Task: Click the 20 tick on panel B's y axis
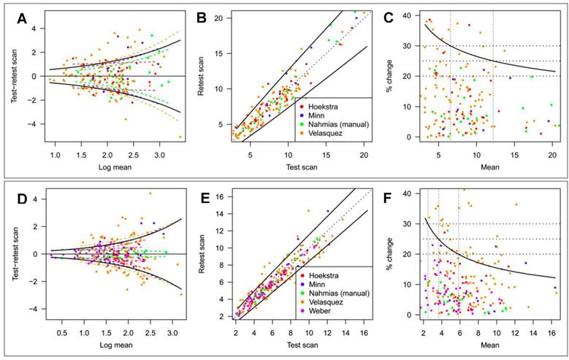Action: click(x=223, y=17)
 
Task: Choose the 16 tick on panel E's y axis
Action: click(x=224, y=196)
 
